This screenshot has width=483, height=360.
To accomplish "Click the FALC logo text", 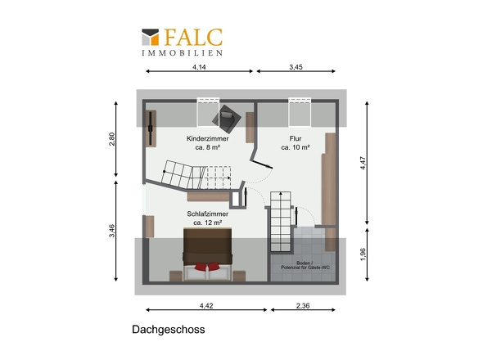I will click(x=192, y=37).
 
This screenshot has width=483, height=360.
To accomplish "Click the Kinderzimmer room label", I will click(x=207, y=139).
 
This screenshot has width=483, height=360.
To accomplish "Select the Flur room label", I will click(x=295, y=139).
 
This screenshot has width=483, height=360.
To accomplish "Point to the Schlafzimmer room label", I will click(x=207, y=214).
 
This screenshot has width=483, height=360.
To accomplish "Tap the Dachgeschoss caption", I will click(x=168, y=331).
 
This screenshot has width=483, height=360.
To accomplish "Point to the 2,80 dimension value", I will click(x=113, y=140).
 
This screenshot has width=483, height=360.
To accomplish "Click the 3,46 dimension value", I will click(x=113, y=233).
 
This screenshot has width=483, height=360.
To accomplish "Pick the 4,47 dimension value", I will click(x=363, y=164).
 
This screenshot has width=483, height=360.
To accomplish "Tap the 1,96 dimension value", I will click(x=363, y=255).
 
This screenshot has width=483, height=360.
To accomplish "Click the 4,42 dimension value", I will click(x=205, y=306).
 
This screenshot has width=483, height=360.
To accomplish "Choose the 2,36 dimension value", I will click(x=302, y=306).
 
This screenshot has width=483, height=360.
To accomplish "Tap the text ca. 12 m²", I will click(x=207, y=222).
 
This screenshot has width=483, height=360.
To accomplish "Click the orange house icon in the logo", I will click(x=151, y=37).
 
